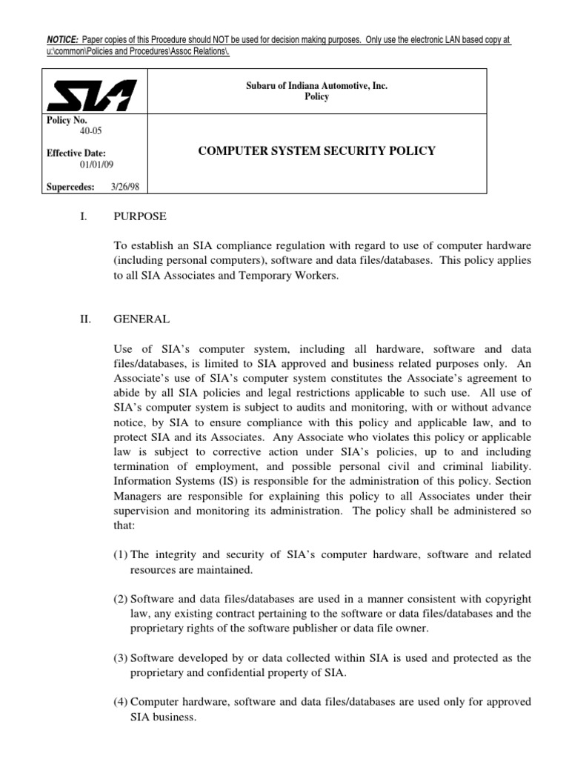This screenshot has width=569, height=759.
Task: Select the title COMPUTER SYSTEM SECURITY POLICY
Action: pos(317,151)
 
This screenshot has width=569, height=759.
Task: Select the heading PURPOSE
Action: pos(140,217)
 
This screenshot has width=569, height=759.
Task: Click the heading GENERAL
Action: pos(142,319)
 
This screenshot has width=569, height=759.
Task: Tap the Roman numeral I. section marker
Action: pos(84,217)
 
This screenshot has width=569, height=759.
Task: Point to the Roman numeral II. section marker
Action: pos(86,319)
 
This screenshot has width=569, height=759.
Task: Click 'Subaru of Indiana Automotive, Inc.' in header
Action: pos(317,86)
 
